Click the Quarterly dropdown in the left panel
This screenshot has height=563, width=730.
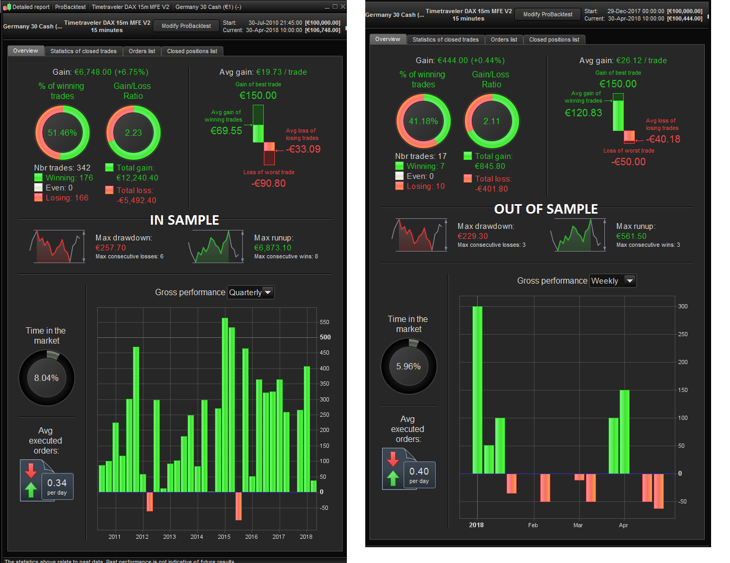pyautogui.click(x=251, y=293)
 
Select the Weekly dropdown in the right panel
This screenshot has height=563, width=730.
pyautogui.click(x=613, y=281)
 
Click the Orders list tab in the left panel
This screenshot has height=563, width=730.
pyautogui.click(x=142, y=51)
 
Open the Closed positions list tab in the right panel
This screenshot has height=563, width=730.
pyautogui.click(x=554, y=39)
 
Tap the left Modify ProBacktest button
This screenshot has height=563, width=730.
pyautogui.click(x=186, y=26)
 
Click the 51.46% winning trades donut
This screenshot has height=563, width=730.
pyautogui.click(x=62, y=133)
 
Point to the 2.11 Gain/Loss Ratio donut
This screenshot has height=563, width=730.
pyautogui.click(x=491, y=121)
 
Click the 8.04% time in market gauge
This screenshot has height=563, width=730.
pyautogui.click(x=46, y=378)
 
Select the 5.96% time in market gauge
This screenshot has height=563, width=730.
pyautogui.click(x=408, y=366)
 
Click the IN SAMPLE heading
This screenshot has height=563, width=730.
pyautogui.click(x=184, y=220)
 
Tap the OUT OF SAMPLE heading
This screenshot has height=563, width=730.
pyautogui.click(x=546, y=209)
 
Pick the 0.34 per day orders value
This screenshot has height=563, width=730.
pyautogui.click(x=57, y=483)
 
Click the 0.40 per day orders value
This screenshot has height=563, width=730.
pyautogui.click(x=419, y=471)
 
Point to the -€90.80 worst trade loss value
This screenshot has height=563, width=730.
pyautogui.click(x=269, y=184)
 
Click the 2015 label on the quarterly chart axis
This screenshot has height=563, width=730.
pyautogui.click(x=224, y=537)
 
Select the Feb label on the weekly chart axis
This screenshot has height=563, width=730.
pyautogui.click(x=533, y=525)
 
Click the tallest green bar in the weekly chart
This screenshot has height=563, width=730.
pyautogui.click(x=477, y=389)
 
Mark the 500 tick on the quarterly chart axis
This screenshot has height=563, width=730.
pyautogui.click(x=325, y=337)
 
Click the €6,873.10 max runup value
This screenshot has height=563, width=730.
pyautogui.click(x=273, y=248)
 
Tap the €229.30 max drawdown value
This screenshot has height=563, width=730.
pyautogui.click(x=472, y=236)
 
